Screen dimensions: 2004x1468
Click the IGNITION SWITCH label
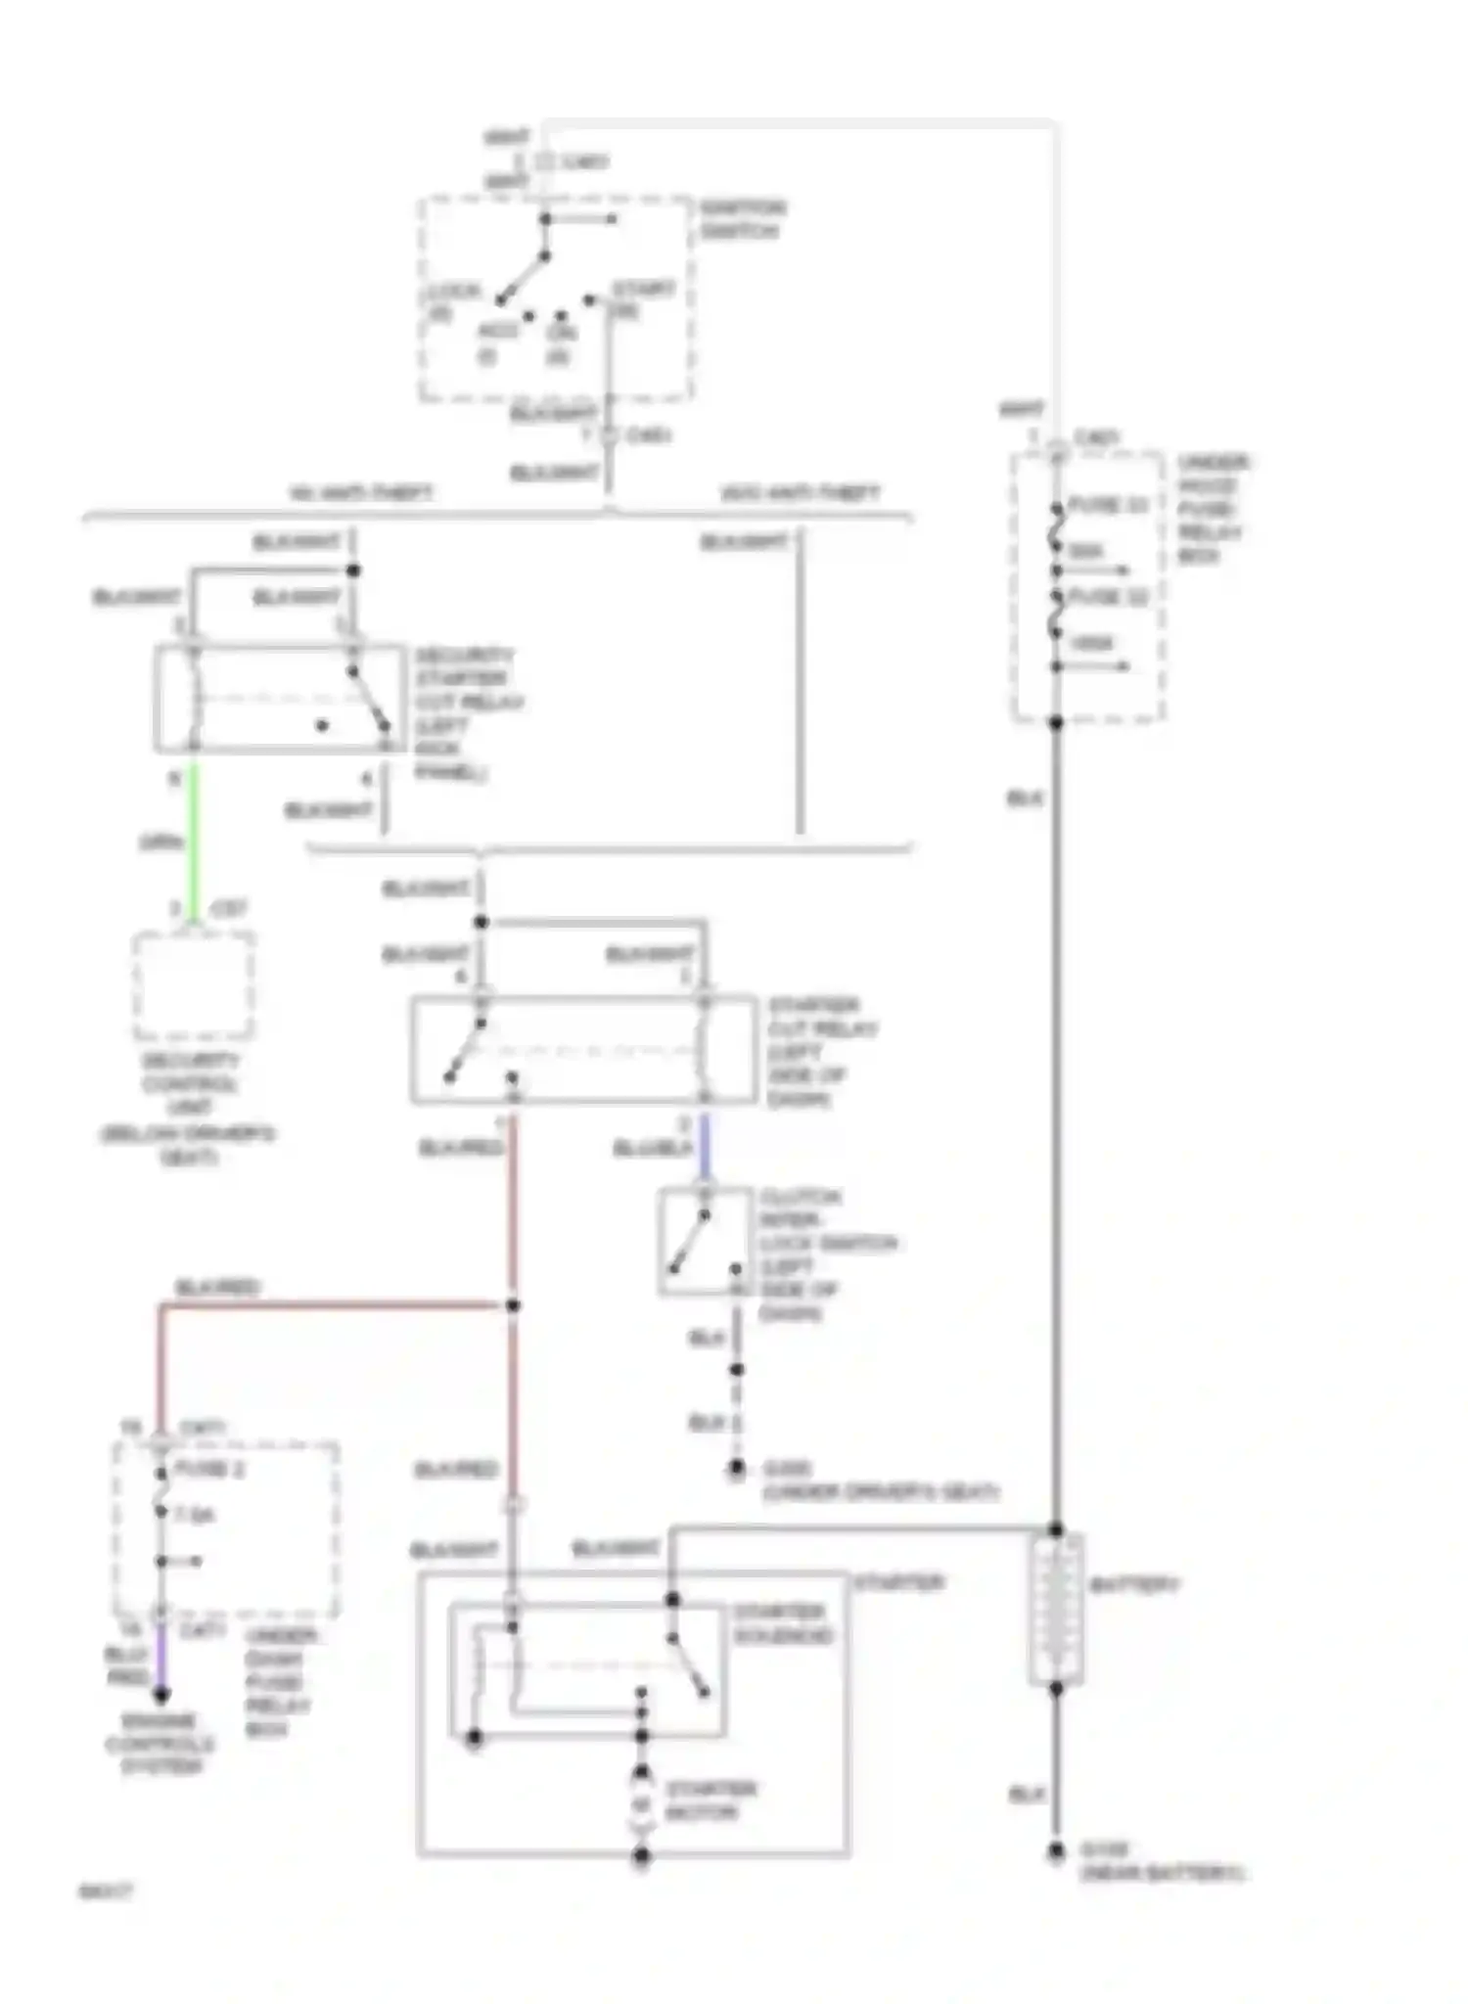[743, 220]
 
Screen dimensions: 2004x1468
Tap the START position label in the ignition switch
[643, 291]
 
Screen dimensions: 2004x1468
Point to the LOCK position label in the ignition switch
[453, 293]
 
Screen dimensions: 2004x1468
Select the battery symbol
[1056, 1610]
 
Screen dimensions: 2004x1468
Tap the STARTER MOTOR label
[711, 1800]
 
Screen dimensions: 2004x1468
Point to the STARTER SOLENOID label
[784, 1623]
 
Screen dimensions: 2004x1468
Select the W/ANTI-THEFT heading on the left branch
[362, 493]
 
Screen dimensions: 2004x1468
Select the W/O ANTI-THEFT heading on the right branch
[800, 493]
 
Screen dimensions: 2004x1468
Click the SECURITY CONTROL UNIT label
[190, 1108]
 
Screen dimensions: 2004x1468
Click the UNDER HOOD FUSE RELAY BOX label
[1211, 509]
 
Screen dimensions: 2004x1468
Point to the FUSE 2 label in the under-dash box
[209, 1470]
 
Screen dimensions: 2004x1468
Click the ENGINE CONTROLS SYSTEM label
[161, 1744]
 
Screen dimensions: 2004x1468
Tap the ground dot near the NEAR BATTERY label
[1056, 1851]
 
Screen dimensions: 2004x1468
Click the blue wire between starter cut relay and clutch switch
[704, 1147]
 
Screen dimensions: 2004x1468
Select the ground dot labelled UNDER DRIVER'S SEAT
[737, 1469]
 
